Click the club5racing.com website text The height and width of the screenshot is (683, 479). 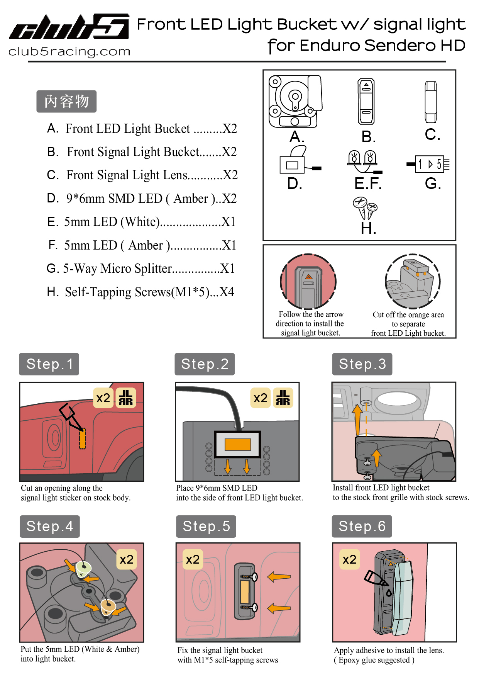point(69,51)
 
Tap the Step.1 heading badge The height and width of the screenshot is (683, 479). point(49,364)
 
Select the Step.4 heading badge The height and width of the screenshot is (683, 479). point(49,526)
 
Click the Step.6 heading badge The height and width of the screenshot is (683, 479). point(362,526)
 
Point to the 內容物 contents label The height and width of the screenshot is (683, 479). point(66,102)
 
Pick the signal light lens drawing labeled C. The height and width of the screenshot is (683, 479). point(431,102)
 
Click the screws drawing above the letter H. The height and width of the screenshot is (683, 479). point(365,208)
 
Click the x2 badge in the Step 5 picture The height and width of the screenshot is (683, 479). point(193,559)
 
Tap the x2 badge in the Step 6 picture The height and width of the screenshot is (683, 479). point(349,559)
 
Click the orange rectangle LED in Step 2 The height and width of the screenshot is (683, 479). point(238,445)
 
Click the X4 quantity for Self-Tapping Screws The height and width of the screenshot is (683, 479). point(227,292)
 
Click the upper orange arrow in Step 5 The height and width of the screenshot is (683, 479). point(279,577)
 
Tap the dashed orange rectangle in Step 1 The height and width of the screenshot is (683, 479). point(82,438)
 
